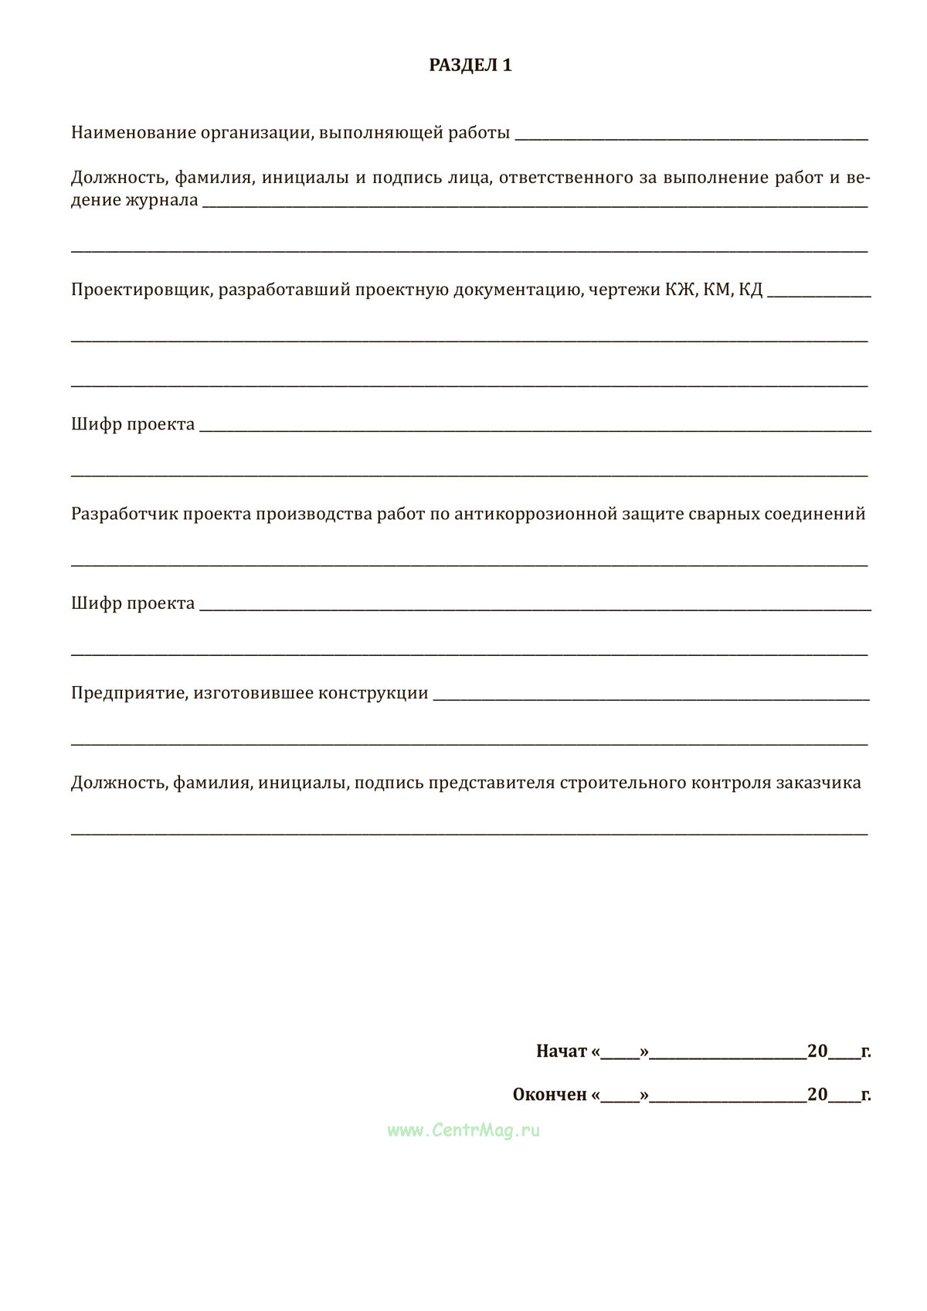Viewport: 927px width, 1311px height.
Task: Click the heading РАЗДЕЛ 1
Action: pos(470,66)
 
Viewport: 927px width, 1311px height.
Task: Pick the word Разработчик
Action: pos(124,514)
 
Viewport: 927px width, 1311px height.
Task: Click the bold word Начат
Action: pos(562,1051)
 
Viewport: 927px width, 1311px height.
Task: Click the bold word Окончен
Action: pos(549,1095)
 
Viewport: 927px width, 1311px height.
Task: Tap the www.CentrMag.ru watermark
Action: pos(463,1130)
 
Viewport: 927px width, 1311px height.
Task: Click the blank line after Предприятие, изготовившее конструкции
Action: pos(650,698)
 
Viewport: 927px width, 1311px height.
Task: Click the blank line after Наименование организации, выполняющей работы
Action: pos(691,138)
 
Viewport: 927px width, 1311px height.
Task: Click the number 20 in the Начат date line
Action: pos(817,1051)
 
